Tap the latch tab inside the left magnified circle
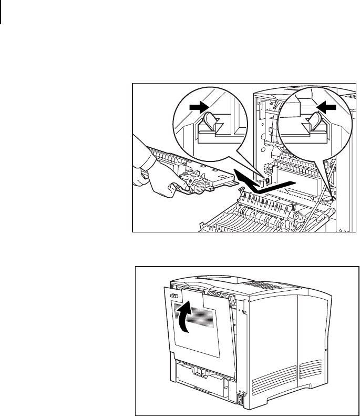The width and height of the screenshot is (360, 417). coord(210,123)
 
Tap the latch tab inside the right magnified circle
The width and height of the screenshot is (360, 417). coord(314,123)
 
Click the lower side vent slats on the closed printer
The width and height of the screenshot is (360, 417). coord(308,368)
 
